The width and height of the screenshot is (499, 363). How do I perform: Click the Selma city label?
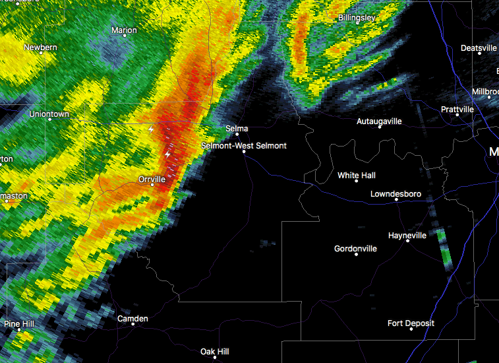click(x=237, y=129)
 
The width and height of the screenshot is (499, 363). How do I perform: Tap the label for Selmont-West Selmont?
click(x=244, y=145)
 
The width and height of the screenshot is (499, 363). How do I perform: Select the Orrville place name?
click(x=152, y=179)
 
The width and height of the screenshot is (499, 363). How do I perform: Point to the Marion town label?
click(x=124, y=30)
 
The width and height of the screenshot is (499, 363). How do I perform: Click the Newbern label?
click(x=40, y=48)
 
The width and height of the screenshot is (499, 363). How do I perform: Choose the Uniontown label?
click(x=49, y=114)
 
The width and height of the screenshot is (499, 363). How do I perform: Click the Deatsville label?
click(x=479, y=48)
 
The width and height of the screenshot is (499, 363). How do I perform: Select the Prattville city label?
click(x=457, y=109)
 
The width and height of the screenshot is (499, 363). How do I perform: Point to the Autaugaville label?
click(x=379, y=121)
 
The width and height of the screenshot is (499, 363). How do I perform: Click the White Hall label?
click(x=357, y=176)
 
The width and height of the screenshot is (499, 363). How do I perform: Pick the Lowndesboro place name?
click(x=396, y=194)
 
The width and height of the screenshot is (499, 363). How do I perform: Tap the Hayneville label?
click(x=407, y=235)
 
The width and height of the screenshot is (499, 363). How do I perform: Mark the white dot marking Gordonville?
click(x=356, y=254)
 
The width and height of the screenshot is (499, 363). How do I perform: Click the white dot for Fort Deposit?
click(x=411, y=329)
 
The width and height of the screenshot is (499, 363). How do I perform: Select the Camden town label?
click(x=132, y=319)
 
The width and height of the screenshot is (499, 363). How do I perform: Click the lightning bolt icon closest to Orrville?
click(x=168, y=154)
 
